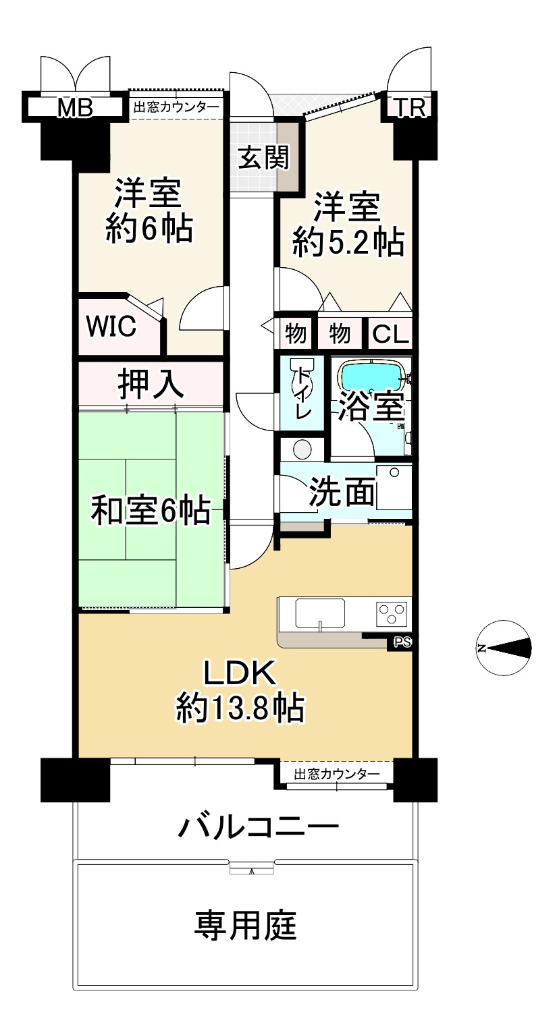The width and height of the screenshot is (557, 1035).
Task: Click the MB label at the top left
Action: (x=74, y=107)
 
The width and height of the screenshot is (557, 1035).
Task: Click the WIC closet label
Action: (x=111, y=327)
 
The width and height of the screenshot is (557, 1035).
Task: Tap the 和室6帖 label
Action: (x=150, y=511)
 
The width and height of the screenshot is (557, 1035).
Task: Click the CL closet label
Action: (x=391, y=333)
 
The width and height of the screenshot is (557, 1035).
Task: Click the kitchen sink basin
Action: (x=321, y=614)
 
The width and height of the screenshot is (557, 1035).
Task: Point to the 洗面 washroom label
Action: (x=342, y=493)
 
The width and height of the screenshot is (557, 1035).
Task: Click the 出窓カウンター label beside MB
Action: (x=176, y=107)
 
